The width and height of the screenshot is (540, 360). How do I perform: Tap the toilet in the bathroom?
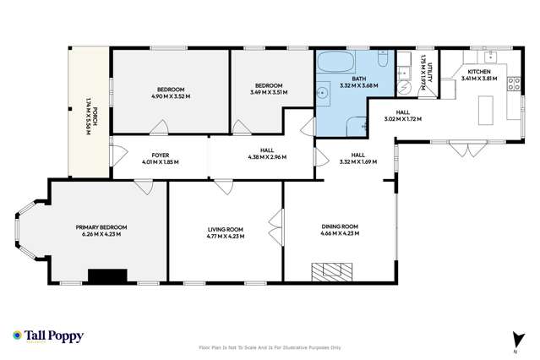pos(383,60)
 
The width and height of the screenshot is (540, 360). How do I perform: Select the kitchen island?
pos(485,109)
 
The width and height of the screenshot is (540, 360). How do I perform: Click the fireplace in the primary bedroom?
pos(107,275)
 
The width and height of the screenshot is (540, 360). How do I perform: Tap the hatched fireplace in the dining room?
pos(330,271)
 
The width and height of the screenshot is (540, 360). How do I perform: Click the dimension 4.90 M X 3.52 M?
pos(165,96)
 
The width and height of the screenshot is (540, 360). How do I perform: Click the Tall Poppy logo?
pos(49,335)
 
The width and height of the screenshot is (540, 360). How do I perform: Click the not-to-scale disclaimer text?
pos(270,346)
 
